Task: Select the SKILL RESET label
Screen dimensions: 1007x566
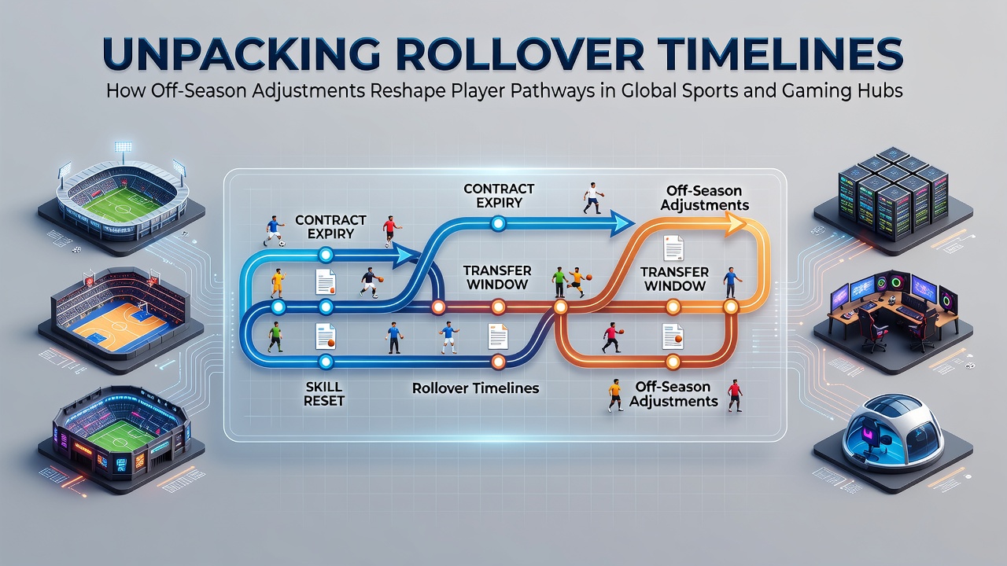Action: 323,394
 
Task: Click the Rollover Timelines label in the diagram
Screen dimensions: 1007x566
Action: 476,388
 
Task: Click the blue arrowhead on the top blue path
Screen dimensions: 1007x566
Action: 622,224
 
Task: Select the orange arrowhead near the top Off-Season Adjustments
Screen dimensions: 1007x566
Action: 736,224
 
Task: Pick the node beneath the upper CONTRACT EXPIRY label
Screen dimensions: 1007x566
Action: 498,224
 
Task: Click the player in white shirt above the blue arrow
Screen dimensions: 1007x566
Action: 593,197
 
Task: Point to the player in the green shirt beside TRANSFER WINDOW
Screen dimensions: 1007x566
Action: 559,282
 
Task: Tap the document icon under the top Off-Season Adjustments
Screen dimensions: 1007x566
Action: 673,248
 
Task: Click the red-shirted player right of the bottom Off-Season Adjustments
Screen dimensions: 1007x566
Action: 735,395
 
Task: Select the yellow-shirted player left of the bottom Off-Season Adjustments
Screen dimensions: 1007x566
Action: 614,395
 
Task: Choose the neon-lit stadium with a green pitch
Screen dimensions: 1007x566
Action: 121,438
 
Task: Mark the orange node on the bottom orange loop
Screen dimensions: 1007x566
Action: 673,362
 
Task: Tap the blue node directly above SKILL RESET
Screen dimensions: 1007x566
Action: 326,362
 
